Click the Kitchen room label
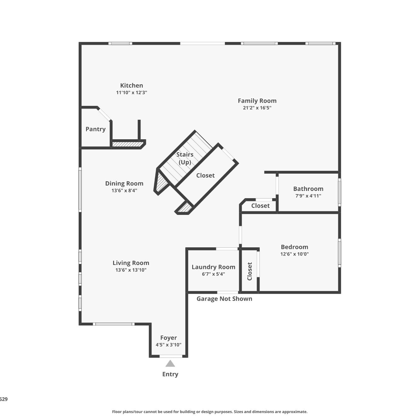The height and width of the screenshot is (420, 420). [x=131, y=85]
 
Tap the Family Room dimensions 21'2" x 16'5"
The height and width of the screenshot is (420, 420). [x=257, y=108]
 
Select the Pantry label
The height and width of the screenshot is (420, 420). [x=95, y=129]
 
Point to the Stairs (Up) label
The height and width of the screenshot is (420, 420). [x=185, y=158]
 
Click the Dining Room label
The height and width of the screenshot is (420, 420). [x=124, y=183]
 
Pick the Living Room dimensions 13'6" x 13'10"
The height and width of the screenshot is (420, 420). [x=131, y=270]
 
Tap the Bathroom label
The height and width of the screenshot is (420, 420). [x=308, y=189]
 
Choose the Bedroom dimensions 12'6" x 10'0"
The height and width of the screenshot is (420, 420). [x=295, y=254]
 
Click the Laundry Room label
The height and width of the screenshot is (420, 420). [x=213, y=267]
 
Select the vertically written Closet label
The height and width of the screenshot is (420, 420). [x=250, y=271]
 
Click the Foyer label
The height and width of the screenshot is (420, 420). [x=169, y=338]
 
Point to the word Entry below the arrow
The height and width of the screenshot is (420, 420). [x=170, y=374]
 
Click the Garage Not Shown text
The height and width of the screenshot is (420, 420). [x=224, y=299]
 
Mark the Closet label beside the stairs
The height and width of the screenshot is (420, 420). [x=205, y=175]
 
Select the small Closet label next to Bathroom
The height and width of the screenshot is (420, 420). [x=260, y=206]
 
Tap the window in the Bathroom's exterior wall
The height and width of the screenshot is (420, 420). [x=339, y=192]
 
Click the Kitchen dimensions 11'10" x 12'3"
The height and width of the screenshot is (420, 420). [x=131, y=92]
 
